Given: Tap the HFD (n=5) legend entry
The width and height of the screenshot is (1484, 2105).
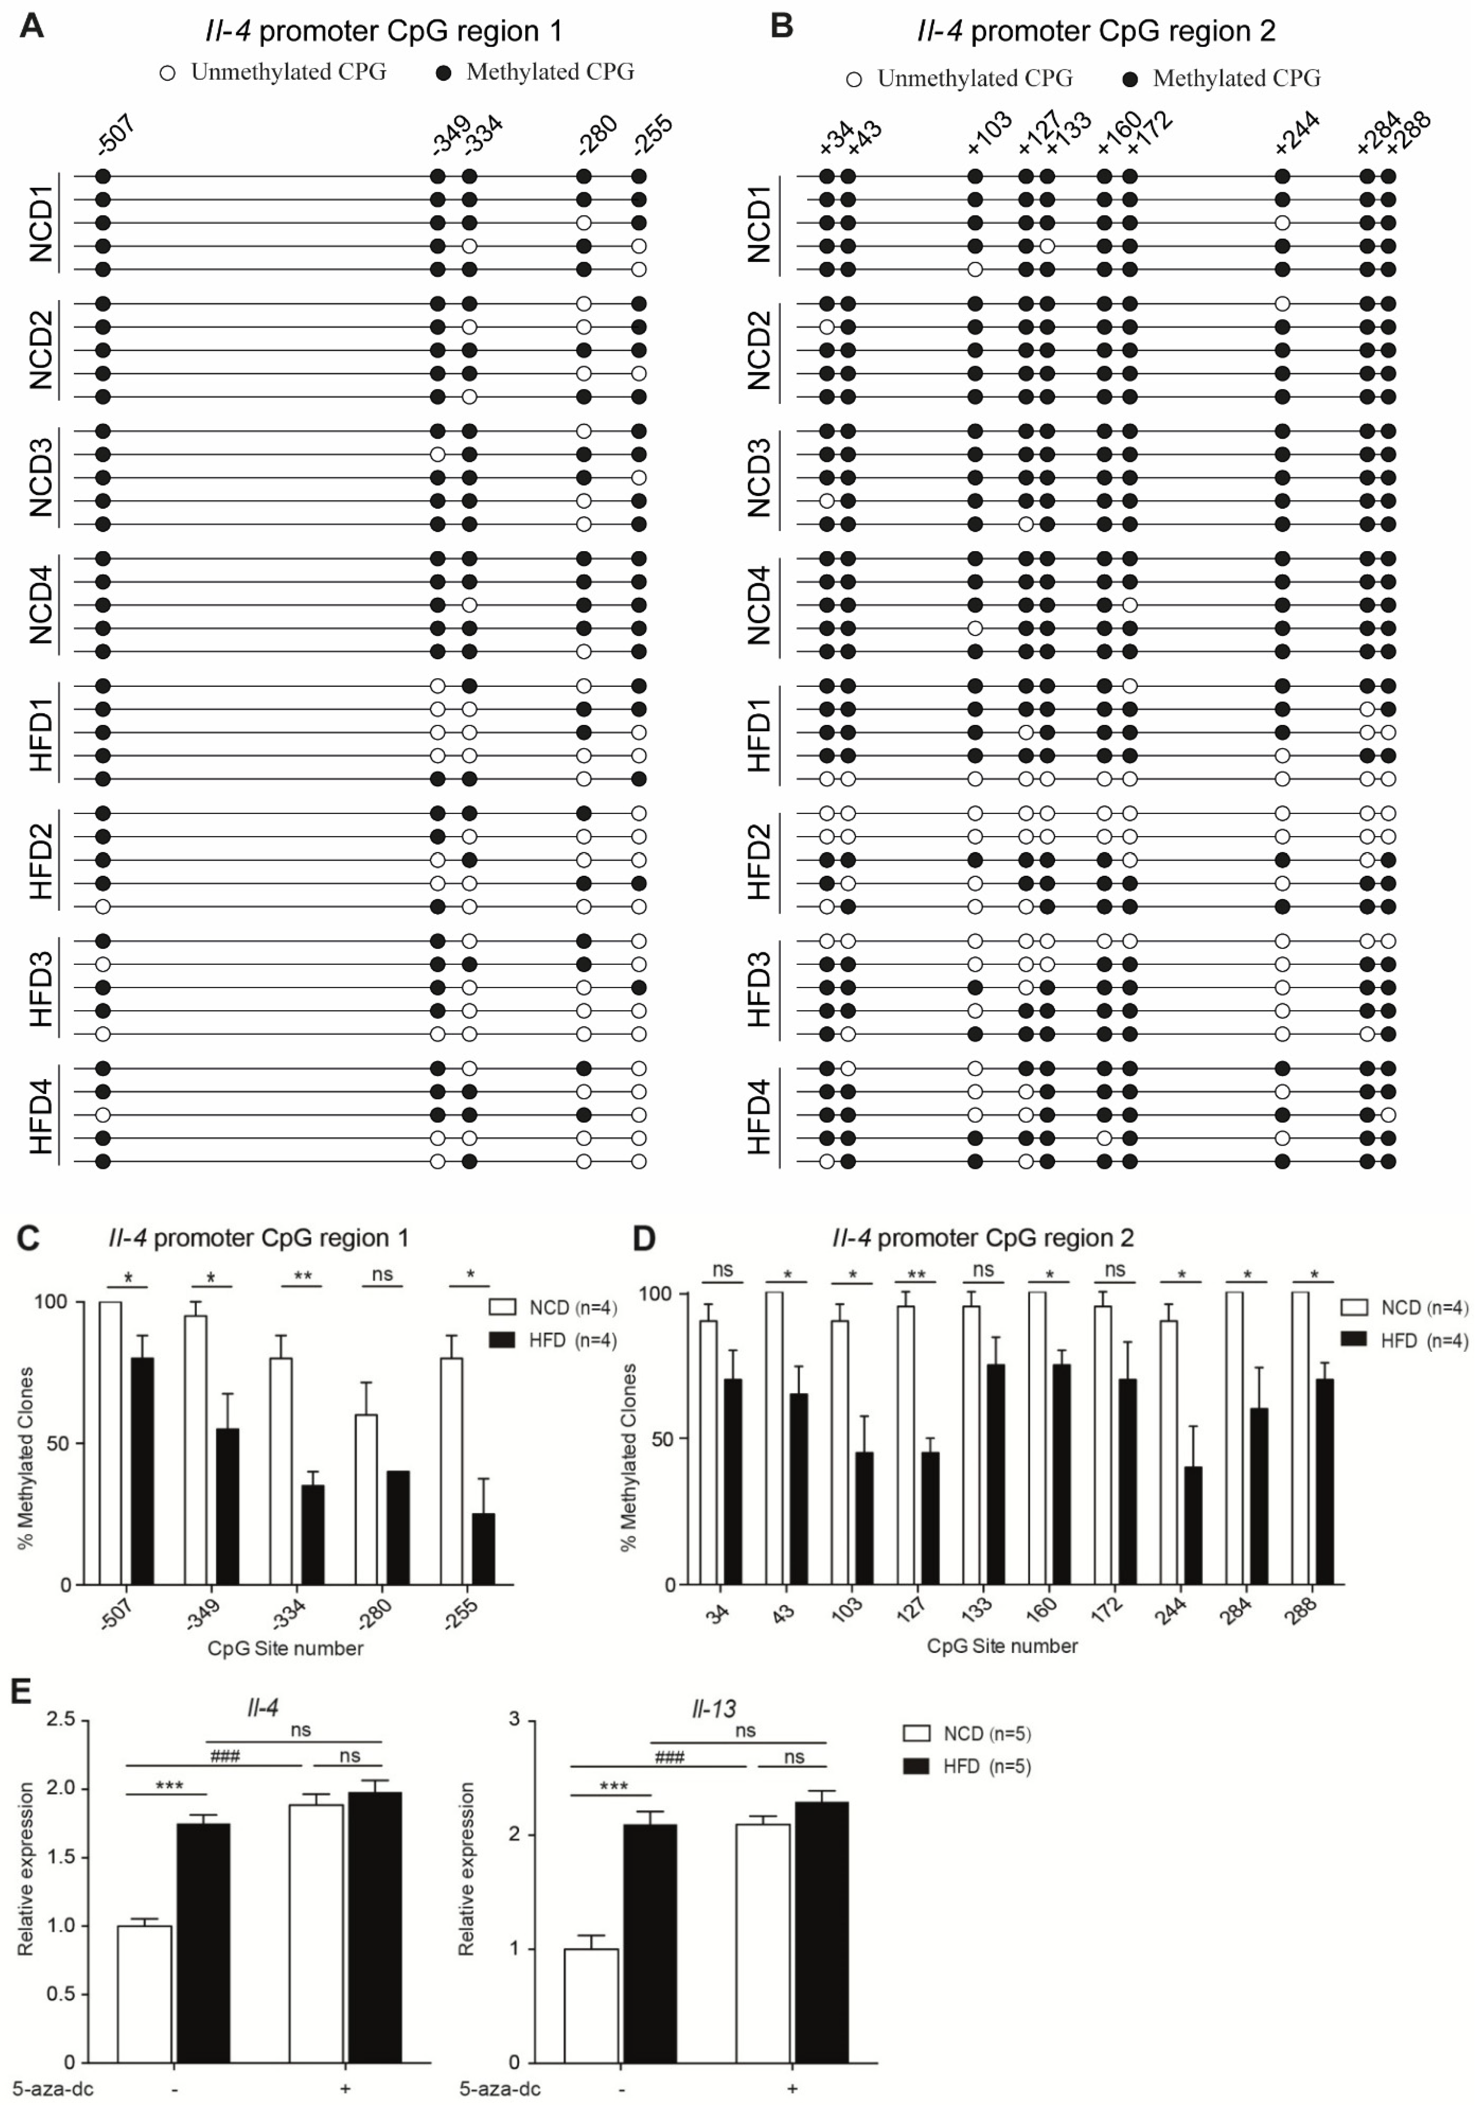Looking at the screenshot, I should point(968,1767).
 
